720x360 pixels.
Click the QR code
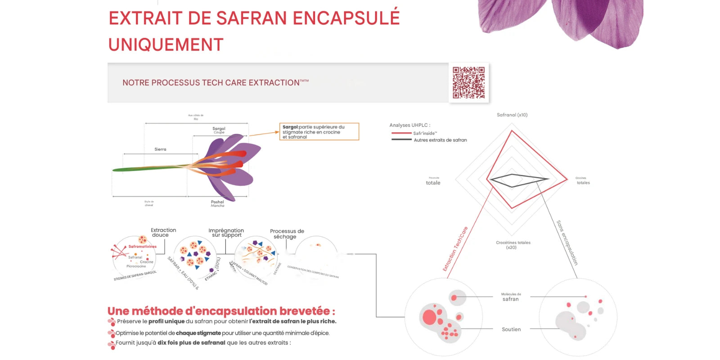[x=468, y=83]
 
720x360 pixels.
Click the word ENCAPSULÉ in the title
[x=346, y=18]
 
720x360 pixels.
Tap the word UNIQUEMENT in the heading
[x=166, y=45]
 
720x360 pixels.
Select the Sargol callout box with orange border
[x=319, y=132]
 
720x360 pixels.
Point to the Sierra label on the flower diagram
[x=160, y=149]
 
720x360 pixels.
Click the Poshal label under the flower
[x=217, y=202]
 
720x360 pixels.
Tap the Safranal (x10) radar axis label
[x=512, y=115]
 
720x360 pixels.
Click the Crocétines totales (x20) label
[x=513, y=245]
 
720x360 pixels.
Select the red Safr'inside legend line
[x=401, y=133]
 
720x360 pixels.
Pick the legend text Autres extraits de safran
[x=440, y=140]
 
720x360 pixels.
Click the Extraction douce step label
[x=163, y=232]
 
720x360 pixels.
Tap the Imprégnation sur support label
[x=226, y=233]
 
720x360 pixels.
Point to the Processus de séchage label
[x=287, y=234]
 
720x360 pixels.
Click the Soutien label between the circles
[x=511, y=329]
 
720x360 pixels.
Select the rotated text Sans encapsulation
[x=567, y=243]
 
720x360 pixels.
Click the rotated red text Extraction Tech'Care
[x=455, y=249]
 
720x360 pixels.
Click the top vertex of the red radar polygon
[x=512, y=130]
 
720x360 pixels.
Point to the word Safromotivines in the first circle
[x=142, y=247]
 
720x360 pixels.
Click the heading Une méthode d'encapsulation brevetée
[x=221, y=311]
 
